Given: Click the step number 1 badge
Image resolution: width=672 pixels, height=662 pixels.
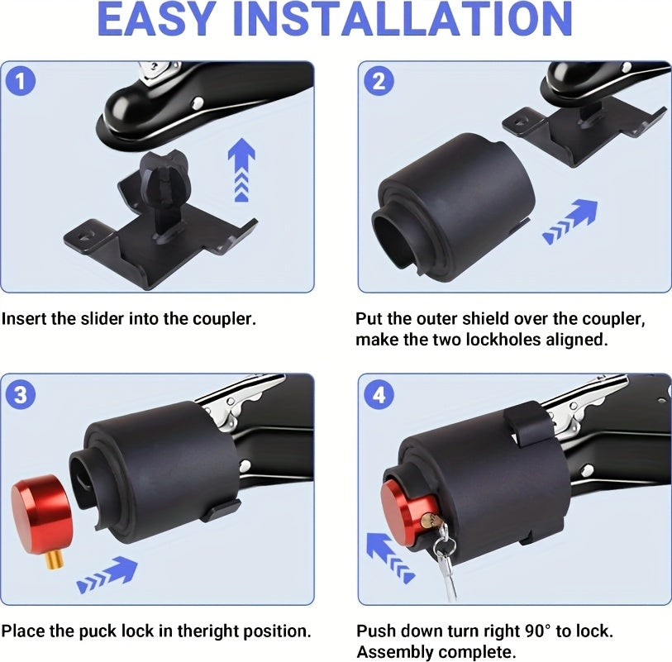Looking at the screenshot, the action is point(21,82).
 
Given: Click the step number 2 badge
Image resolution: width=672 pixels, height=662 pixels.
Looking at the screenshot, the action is point(379,82).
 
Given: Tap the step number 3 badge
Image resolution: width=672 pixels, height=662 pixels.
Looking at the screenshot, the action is point(21,394).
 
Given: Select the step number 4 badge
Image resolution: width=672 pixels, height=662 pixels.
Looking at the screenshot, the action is point(379,394).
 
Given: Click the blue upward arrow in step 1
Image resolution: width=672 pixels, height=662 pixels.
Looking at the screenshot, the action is point(241,169).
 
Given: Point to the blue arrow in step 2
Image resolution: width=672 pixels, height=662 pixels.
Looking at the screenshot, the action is point(571,221).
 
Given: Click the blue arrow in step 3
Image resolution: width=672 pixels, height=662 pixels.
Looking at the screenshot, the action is point(107,574).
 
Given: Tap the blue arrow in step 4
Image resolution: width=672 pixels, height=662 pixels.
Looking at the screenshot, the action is point(390,557).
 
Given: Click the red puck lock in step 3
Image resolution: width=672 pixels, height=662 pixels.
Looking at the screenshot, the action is point(42,507).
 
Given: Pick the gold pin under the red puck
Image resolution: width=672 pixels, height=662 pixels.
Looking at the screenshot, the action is point(55,560).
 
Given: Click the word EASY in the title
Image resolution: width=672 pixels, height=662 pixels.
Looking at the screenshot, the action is point(155,20).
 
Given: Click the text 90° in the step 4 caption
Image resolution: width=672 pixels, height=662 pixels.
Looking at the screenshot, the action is point(538,631).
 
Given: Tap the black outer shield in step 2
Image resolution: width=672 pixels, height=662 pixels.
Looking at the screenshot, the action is point(455,206).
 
